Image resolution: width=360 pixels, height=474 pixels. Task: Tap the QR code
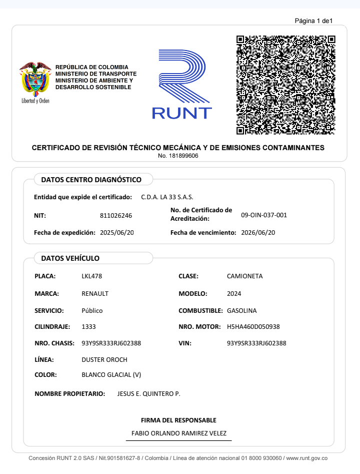pyautogui.click(x=285, y=85)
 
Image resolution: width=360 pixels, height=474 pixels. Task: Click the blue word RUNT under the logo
pyautogui.click(x=182, y=114)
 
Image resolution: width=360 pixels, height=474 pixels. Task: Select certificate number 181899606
pyautogui.click(x=178, y=156)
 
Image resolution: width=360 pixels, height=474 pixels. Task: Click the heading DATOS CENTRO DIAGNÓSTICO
pyautogui.click(x=91, y=180)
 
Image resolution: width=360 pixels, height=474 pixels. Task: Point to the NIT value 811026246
pyautogui.click(x=116, y=216)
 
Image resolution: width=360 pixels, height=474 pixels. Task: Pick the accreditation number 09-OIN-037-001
pyautogui.click(x=264, y=215)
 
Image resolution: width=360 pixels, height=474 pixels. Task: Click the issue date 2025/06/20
pyautogui.click(x=116, y=233)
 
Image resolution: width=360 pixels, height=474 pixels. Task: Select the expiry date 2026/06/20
pyautogui.click(x=258, y=233)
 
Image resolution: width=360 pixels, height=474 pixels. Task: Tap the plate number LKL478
pyautogui.click(x=91, y=276)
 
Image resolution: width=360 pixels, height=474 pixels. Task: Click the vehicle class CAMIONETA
pyautogui.click(x=244, y=276)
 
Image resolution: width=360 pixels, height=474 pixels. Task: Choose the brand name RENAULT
pyautogui.click(x=95, y=294)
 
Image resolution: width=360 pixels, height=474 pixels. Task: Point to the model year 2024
pyautogui.click(x=234, y=294)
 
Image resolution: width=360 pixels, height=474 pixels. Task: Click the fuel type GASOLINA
pyautogui.click(x=241, y=311)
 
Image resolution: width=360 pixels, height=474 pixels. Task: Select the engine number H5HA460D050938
pyautogui.click(x=253, y=327)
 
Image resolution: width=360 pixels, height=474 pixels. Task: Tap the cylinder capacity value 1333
pyautogui.click(x=88, y=327)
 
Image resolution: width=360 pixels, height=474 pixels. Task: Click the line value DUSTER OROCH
pyautogui.click(x=104, y=360)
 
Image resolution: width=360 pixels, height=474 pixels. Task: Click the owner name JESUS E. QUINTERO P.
pyautogui.click(x=148, y=394)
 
